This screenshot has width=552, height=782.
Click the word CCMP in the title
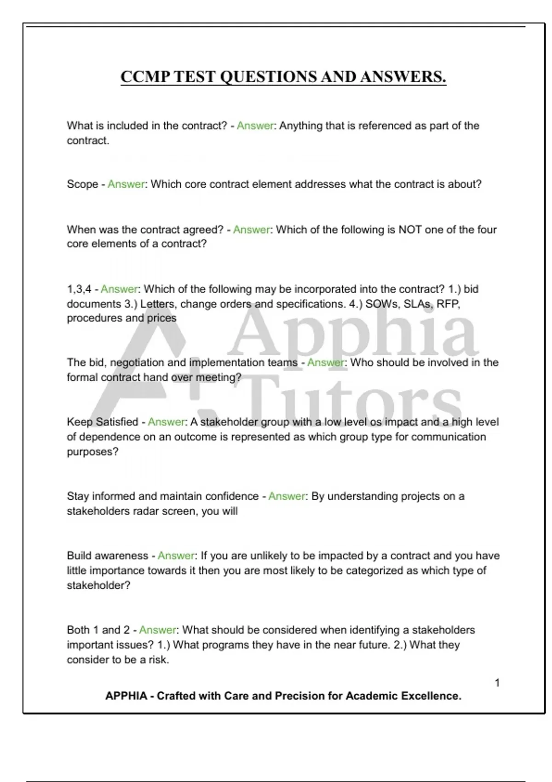tap(144, 77)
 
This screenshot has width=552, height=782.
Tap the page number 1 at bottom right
tap(497, 683)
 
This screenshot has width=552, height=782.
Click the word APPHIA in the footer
tap(126, 696)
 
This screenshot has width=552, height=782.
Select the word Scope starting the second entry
tap(82, 184)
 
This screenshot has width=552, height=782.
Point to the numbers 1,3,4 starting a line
tap(79, 289)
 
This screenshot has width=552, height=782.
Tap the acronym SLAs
tap(417, 304)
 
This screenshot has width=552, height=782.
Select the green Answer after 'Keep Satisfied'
tap(166, 422)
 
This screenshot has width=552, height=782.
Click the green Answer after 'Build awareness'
tap(176, 556)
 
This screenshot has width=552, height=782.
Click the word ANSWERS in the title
tap(403, 77)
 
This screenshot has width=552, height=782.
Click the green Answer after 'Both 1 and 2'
tap(158, 630)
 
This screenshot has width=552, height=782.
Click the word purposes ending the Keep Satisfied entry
tap(92, 452)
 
